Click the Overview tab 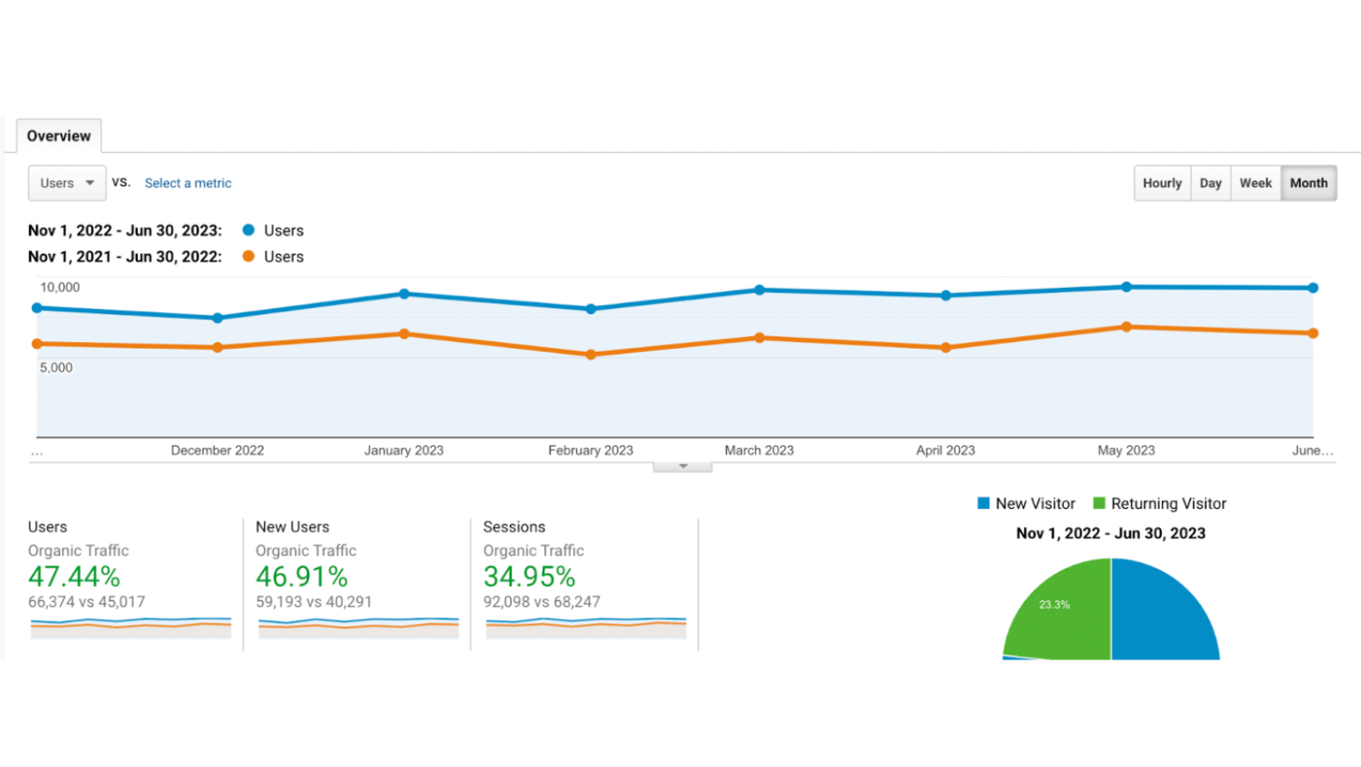[58, 136]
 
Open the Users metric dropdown [67, 183]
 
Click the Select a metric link [188, 183]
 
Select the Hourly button [1162, 183]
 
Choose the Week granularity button [1255, 183]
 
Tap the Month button [1308, 183]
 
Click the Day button [1210, 183]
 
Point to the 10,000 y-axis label [60, 287]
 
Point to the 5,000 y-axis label [56, 368]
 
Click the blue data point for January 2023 [404, 294]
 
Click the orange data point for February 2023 [591, 354]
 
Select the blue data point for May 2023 [1126, 287]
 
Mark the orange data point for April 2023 [946, 348]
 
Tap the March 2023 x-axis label [759, 451]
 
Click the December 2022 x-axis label [217, 451]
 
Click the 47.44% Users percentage [75, 576]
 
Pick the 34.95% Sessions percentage [529, 576]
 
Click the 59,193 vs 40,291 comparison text [314, 602]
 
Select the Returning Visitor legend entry [1159, 504]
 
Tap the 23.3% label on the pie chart [1054, 604]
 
